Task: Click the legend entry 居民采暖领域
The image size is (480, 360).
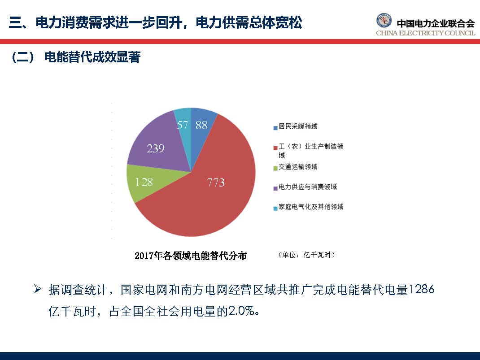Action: (x=298, y=126)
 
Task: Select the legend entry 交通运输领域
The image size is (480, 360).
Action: (x=298, y=167)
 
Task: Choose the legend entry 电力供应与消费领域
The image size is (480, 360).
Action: (x=307, y=187)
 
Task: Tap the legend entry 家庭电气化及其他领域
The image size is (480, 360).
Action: (x=311, y=207)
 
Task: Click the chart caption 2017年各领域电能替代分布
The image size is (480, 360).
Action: (x=191, y=256)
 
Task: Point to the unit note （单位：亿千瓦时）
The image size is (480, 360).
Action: (x=306, y=255)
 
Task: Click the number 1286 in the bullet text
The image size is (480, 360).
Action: (x=422, y=290)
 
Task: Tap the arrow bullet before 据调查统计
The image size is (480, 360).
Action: (x=38, y=290)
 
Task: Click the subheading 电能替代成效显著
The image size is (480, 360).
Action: (x=92, y=58)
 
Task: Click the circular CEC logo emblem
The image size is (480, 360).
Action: (x=384, y=21)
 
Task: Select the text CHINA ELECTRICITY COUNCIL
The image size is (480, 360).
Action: (x=425, y=33)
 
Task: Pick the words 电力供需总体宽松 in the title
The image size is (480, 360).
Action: (x=249, y=22)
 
